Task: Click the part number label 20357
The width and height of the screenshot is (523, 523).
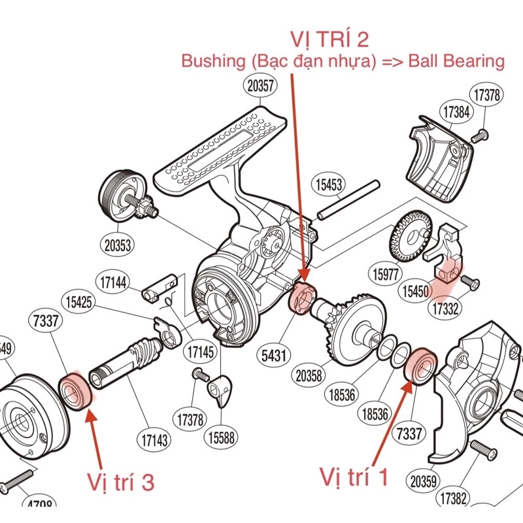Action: [260, 85]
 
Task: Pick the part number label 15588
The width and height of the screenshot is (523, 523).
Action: [224, 437]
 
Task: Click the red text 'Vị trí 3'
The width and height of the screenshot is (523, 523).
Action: [121, 482]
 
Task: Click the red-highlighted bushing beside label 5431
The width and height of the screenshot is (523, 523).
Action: [302, 298]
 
